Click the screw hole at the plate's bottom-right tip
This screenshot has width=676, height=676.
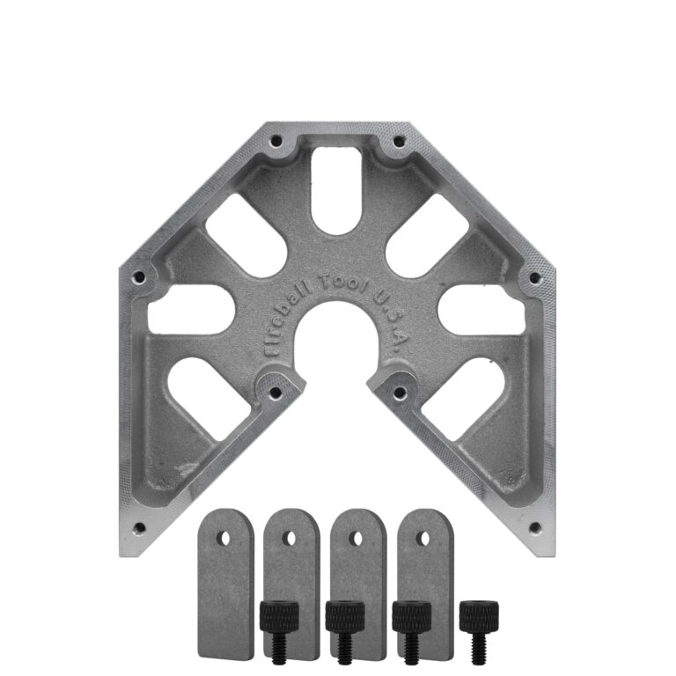coord(533,528)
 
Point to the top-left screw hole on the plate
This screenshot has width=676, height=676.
coord(276,140)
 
